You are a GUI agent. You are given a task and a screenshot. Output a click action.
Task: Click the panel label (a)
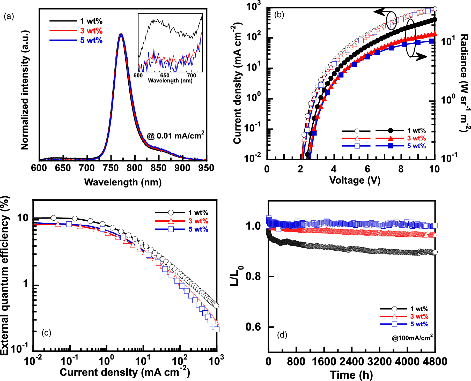9,17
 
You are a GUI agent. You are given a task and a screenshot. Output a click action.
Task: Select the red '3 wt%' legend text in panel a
91,31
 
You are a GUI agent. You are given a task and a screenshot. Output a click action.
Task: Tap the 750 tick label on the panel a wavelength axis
111,168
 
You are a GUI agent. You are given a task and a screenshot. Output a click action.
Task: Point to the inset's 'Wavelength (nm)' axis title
170,81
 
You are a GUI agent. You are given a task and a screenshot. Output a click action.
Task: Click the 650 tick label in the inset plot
165,76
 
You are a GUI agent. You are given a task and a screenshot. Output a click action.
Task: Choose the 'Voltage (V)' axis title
355,180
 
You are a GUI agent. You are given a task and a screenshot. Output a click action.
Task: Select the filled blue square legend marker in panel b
391,146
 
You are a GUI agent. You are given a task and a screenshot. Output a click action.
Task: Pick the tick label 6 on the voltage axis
367,169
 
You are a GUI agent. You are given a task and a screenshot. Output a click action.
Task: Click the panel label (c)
46,333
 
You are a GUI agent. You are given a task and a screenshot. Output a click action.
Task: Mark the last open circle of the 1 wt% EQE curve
216,306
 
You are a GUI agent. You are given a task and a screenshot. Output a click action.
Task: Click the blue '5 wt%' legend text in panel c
198,229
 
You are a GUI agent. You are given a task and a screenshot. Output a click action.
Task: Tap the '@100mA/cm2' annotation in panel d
412,338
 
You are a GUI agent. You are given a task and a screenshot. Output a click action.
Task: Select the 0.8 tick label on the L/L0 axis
253,277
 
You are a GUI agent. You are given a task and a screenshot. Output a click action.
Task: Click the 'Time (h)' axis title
351,375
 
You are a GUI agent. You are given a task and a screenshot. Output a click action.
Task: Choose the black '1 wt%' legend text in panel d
419,309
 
